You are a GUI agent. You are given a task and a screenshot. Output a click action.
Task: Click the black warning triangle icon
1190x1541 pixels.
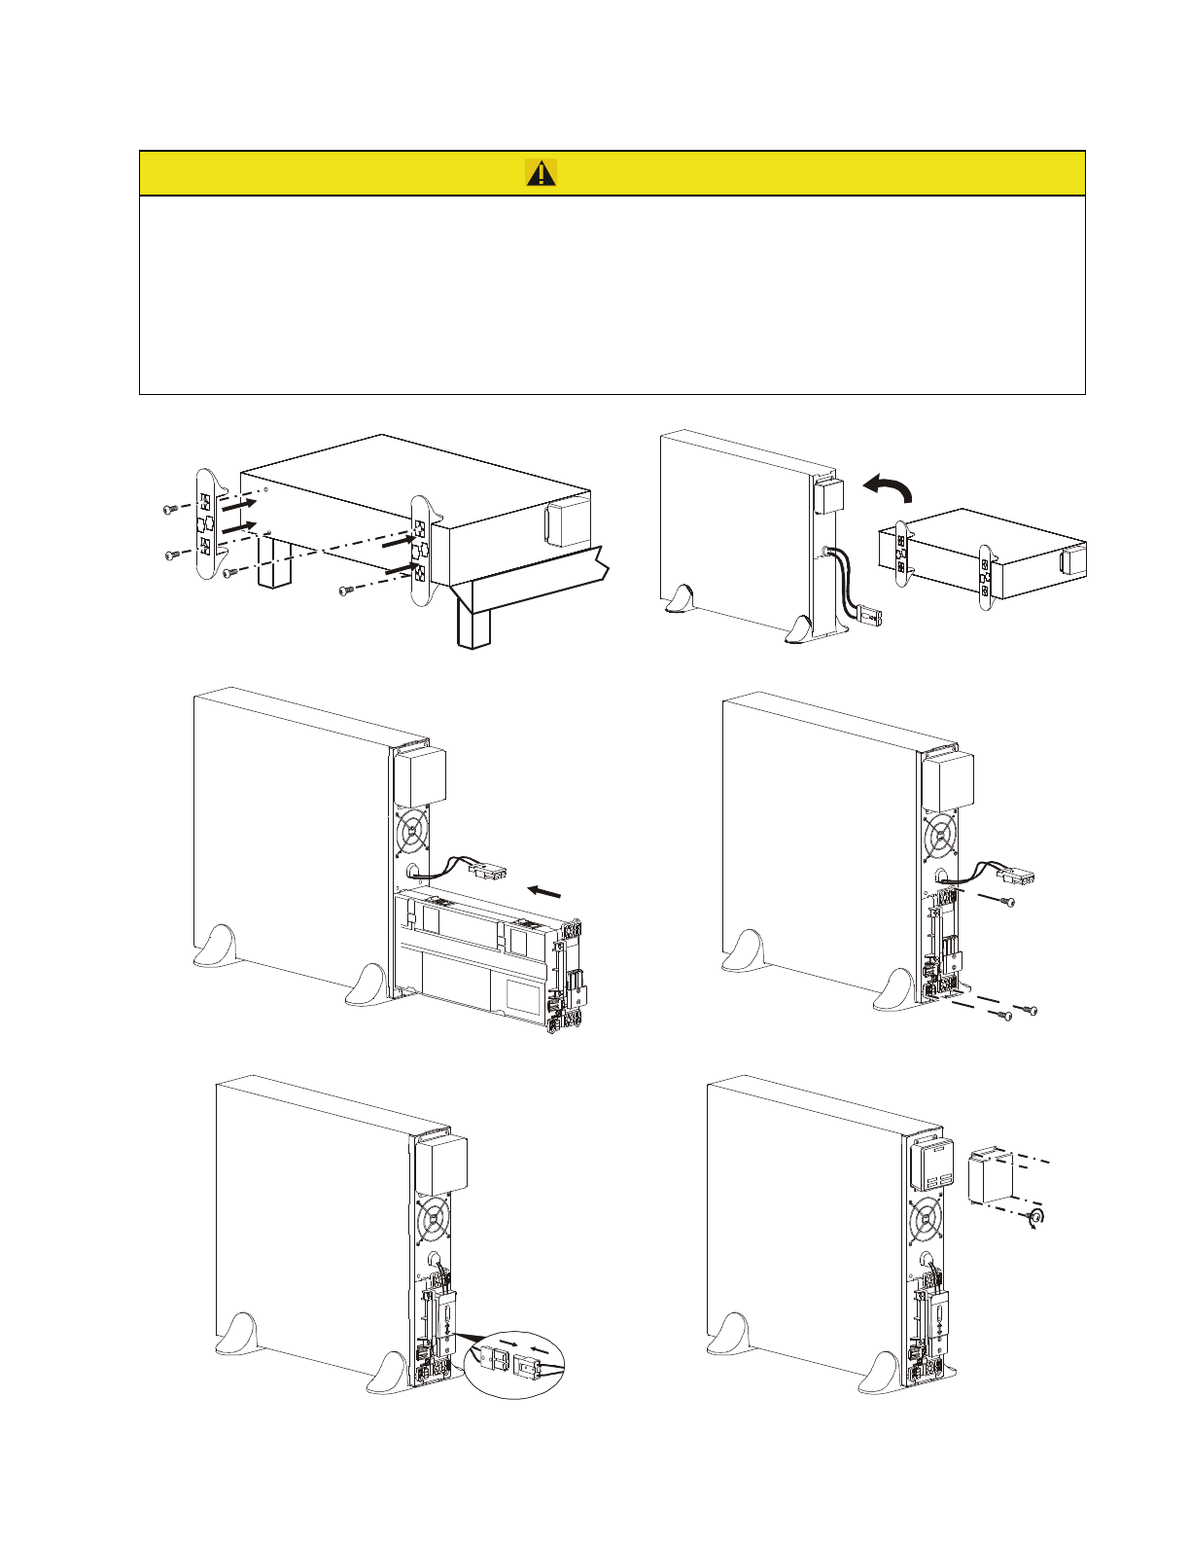pyautogui.click(x=542, y=173)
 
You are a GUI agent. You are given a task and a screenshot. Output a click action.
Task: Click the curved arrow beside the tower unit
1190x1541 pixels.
pyautogui.click(x=889, y=487)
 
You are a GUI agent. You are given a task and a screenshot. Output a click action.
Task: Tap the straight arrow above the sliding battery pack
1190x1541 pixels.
pyautogui.click(x=544, y=890)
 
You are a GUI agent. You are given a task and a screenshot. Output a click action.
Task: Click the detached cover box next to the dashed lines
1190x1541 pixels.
pyautogui.click(x=992, y=1176)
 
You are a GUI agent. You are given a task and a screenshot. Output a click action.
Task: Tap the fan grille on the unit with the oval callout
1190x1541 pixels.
pyautogui.click(x=435, y=1217)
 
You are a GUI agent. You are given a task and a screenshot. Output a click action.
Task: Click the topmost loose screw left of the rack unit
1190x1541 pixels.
pyautogui.click(x=169, y=509)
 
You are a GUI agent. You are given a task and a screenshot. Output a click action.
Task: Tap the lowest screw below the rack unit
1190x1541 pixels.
pyautogui.click(x=346, y=590)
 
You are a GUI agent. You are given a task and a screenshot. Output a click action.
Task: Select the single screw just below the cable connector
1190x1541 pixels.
pyautogui.click(x=1005, y=904)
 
